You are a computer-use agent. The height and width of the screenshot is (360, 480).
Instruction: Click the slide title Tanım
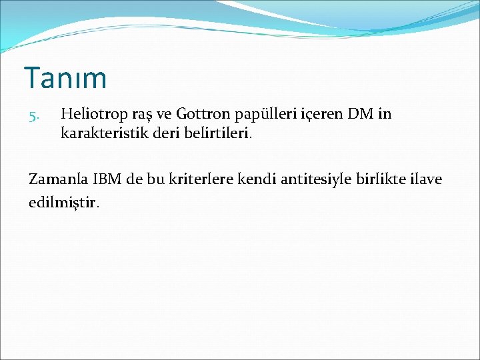pyautogui.click(x=65, y=78)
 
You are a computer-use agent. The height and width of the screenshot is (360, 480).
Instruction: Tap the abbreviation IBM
pyautogui.click(x=109, y=179)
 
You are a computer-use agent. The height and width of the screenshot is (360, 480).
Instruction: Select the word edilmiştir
pyautogui.click(x=64, y=201)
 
